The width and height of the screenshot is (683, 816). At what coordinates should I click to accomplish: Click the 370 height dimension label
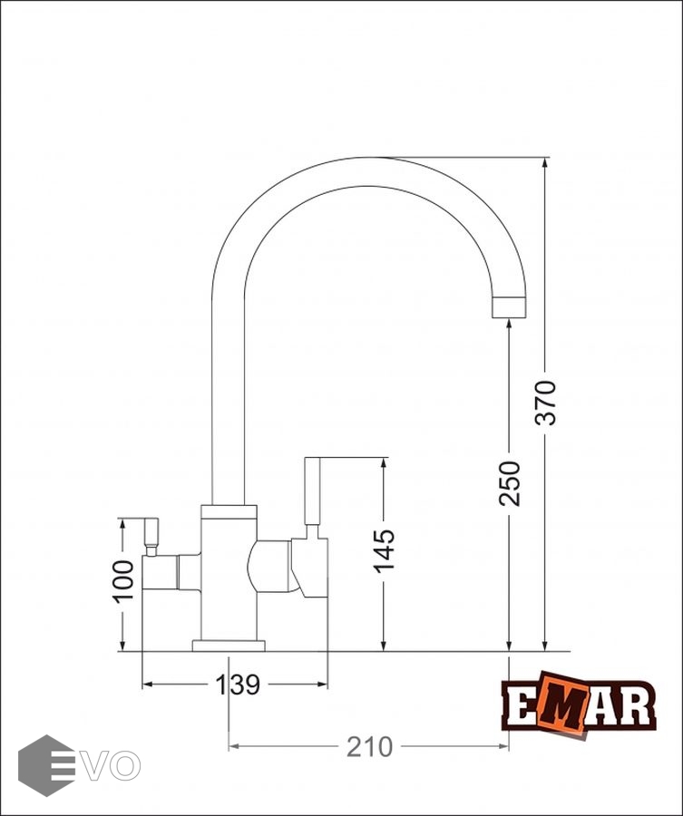coord(546,403)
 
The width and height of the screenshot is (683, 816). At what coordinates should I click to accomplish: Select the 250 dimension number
coord(510,483)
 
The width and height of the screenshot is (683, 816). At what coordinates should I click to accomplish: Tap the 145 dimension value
coord(385,551)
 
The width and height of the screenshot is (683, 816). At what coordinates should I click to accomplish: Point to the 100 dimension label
coord(123,581)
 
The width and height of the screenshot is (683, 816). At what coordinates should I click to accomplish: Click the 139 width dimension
coord(238,685)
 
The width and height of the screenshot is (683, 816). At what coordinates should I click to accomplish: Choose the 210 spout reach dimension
coord(369,747)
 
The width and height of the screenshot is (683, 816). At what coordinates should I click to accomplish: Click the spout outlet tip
coord(509,307)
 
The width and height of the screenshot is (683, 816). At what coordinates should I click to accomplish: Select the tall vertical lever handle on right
coord(312,491)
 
